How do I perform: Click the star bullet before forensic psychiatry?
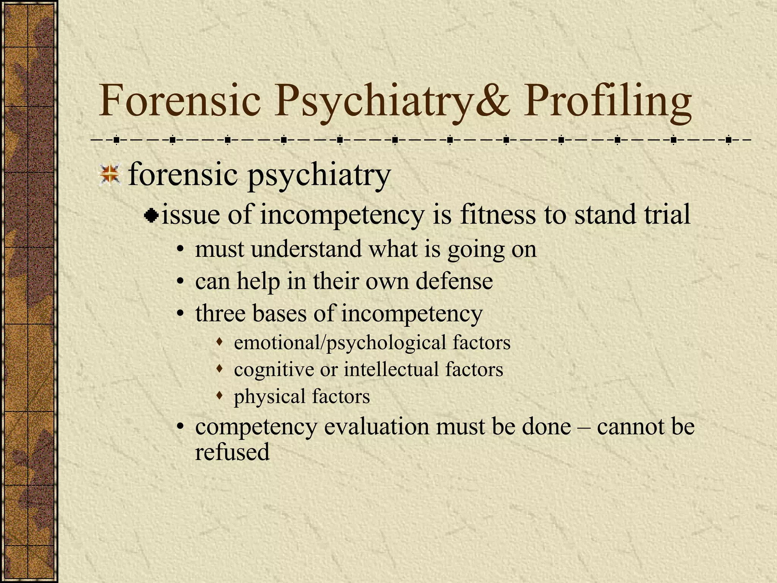[110, 175]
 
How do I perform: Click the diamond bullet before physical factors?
[219, 396]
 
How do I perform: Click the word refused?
[232, 452]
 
